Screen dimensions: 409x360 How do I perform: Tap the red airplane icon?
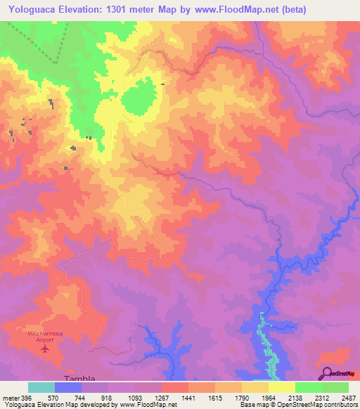click(46, 348)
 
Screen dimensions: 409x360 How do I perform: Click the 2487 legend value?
click(348, 398)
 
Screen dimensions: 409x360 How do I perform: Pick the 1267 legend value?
click(162, 398)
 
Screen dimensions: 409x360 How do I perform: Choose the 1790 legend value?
click(241, 398)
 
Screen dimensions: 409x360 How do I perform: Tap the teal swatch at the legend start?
click(41, 387)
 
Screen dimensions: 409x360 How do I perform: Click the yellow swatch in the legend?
click(281, 387)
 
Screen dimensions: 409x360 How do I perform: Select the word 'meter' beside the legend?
click(10, 398)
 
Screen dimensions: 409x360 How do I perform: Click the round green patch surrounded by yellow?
click(139, 98)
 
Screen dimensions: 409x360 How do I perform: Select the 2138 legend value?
click(295, 398)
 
